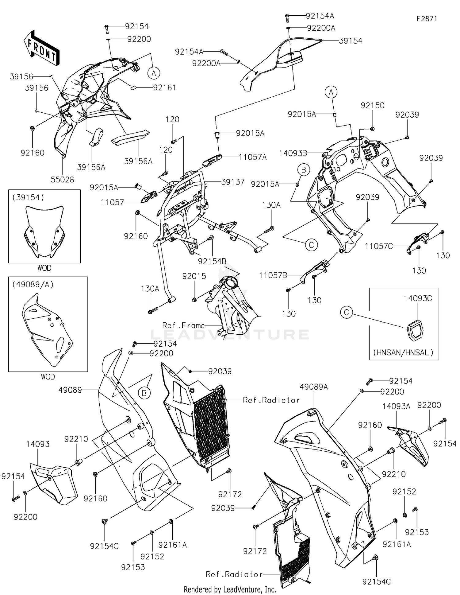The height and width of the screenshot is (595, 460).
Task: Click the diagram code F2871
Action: click(x=427, y=18)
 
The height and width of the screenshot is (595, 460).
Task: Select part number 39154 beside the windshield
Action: click(x=351, y=41)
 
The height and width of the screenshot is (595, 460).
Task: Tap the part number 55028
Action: click(x=62, y=180)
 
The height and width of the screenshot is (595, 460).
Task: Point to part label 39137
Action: click(x=233, y=182)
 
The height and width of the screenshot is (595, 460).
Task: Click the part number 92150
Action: click(x=372, y=105)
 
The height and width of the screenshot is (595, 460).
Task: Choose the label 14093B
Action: click(x=293, y=153)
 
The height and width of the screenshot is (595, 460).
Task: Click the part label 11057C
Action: click(x=379, y=246)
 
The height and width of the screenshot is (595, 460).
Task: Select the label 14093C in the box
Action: click(x=418, y=298)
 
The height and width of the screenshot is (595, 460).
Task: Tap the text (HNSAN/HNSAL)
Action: click(x=403, y=352)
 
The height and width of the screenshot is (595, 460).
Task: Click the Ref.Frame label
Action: click(x=183, y=325)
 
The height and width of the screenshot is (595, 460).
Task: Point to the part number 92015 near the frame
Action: click(x=194, y=276)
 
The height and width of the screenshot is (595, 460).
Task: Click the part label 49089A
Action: click(x=314, y=387)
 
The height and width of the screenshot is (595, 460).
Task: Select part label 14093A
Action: click(x=396, y=406)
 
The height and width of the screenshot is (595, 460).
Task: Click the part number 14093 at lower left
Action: click(x=38, y=444)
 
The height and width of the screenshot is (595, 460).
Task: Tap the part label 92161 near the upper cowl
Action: click(x=165, y=87)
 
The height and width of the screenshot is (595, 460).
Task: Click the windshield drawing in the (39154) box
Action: click(x=44, y=232)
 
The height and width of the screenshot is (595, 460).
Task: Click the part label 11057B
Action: click(x=273, y=275)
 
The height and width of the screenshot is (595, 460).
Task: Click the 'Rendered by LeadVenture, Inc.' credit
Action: click(x=230, y=589)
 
